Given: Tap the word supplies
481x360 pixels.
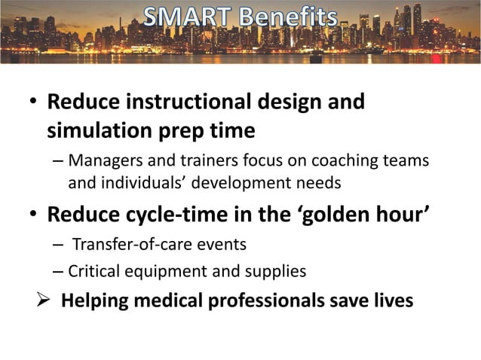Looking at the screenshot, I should click(x=277, y=271).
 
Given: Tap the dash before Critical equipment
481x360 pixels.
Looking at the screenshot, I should click(x=58, y=271).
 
